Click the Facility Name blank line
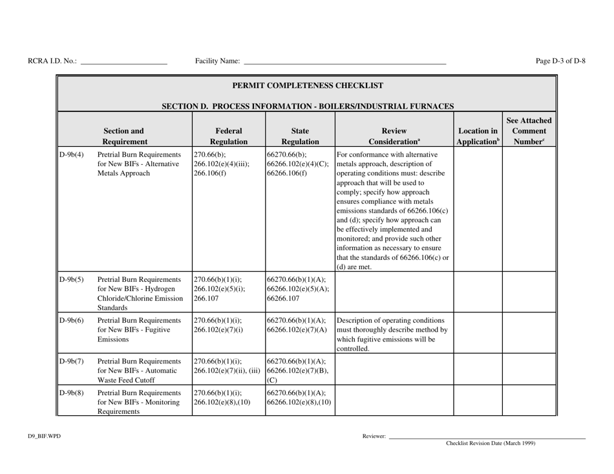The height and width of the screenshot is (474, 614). click(x=344, y=63)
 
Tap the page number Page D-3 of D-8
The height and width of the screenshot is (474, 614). click(x=560, y=61)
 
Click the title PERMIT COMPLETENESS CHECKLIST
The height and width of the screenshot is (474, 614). click(x=307, y=85)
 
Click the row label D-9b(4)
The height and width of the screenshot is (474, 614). click(x=72, y=155)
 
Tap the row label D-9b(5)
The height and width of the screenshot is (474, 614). click(x=72, y=280)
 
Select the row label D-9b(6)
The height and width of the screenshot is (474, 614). click(x=72, y=319)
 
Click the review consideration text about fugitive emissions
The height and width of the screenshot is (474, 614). click(x=394, y=334)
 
